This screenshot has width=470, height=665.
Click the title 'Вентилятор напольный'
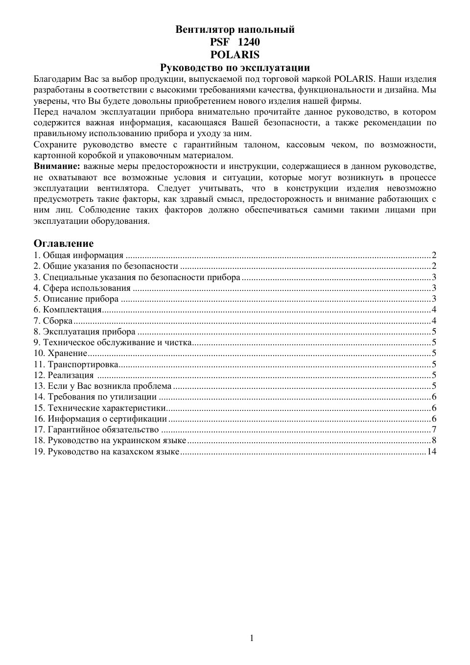click(235, 29)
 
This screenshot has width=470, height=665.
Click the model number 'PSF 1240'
click(235, 42)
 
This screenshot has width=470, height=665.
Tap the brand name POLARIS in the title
click(235, 55)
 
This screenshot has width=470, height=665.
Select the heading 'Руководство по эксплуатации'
click(235, 68)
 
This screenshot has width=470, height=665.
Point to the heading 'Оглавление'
click(64, 243)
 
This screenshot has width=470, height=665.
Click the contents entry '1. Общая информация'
click(78, 255)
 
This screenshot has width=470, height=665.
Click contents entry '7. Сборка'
click(53, 321)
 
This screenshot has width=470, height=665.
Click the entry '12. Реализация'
click(64, 375)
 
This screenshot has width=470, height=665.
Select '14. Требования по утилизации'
click(95, 397)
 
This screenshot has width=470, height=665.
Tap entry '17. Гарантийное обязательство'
click(96, 429)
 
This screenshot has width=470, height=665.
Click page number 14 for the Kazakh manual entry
click(432, 451)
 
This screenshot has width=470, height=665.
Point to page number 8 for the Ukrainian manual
click(434, 440)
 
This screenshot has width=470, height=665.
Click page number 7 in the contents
click(434, 429)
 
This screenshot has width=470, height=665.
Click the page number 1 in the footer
click(252, 638)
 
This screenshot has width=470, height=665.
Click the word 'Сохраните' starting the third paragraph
click(53, 144)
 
